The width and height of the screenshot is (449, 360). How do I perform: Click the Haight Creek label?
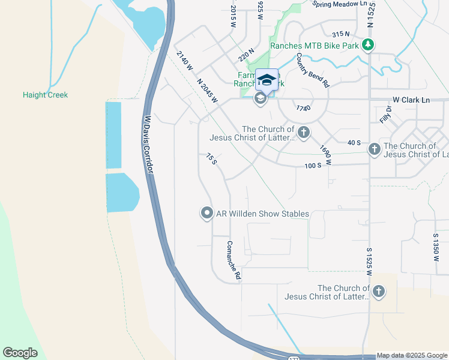45,95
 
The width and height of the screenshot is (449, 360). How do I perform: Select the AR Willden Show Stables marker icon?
206,214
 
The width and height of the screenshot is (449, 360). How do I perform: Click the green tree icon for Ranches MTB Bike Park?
368,45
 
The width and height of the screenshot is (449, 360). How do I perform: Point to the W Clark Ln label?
412,100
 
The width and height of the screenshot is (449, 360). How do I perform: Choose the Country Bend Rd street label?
313,71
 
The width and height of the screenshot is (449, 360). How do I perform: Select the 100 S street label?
312,164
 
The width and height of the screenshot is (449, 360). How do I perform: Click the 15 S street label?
211,159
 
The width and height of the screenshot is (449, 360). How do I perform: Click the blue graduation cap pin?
266,80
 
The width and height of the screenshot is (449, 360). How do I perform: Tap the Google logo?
20,353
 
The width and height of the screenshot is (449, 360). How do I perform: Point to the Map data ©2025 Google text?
412,355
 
